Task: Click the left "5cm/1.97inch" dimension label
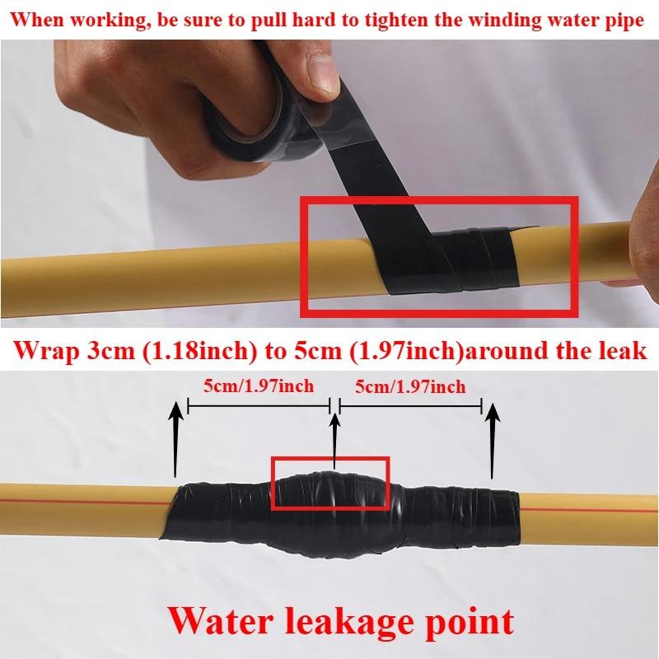tap(259, 386)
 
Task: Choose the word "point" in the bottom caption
tap(468, 619)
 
